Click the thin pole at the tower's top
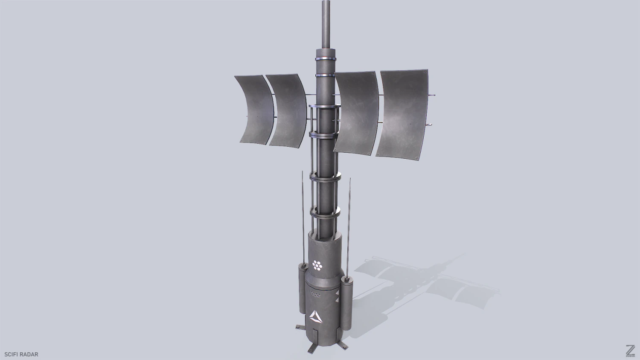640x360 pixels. pyautogui.click(x=326, y=21)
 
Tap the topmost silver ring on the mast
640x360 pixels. pyautogui.click(x=326, y=58)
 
